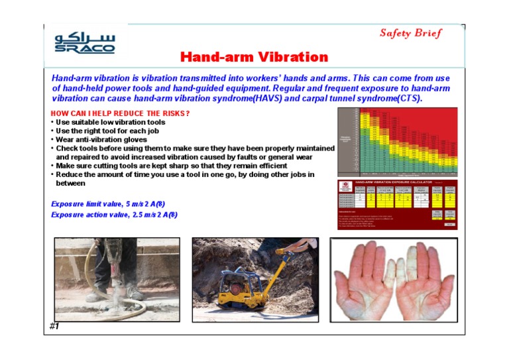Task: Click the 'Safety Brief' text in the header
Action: [x=411, y=33]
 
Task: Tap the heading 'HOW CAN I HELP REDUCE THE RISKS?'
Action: [x=121, y=113]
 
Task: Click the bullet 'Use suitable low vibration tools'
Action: [x=111, y=122]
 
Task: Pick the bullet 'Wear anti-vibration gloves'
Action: [x=101, y=139]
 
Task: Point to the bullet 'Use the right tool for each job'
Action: [x=107, y=131]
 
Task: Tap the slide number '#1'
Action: [x=54, y=327]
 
